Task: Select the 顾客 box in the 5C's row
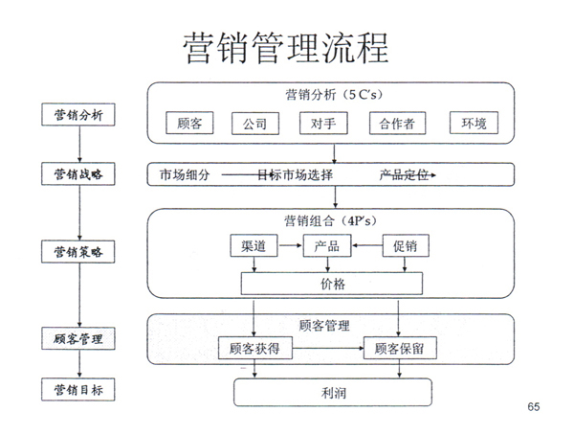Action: tap(189, 124)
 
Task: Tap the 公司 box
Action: tap(254, 124)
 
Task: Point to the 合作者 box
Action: tap(397, 124)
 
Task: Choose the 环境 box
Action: tap(475, 124)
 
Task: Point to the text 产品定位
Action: tap(403, 175)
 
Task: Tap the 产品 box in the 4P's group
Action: tap(327, 246)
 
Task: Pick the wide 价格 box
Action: tap(332, 285)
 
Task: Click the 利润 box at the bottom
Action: tap(332, 392)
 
